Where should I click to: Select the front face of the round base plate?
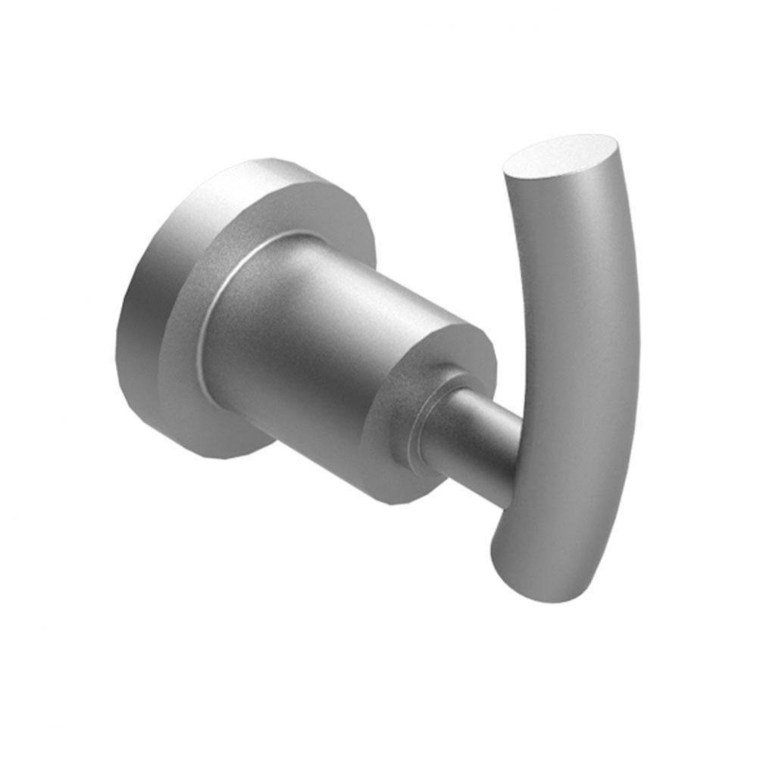click(x=189, y=288)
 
